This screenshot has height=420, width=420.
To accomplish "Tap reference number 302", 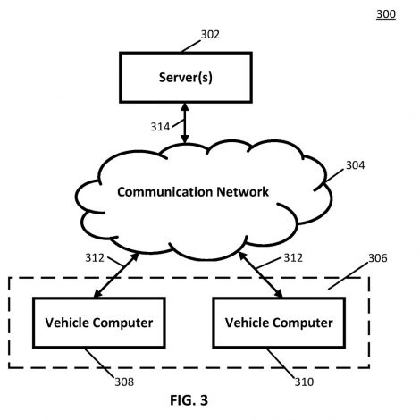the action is [x=210, y=35].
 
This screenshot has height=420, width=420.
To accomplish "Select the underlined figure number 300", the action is [x=386, y=14].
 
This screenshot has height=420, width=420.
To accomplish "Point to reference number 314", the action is [x=160, y=127].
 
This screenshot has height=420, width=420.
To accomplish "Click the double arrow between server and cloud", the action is [x=185, y=123].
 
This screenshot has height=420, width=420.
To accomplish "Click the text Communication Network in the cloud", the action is [x=193, y=191].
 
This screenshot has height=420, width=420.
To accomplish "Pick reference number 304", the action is [x=355, y=165].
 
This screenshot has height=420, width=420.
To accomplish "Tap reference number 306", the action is [x=378, y=258].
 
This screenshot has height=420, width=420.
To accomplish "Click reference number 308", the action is [x=124, y=382].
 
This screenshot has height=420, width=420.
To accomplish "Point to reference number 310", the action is [x=304, y=382].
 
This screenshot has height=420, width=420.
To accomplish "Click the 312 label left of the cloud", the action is [x=95, y=258].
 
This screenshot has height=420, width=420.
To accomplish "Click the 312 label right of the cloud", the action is [x=293, y=258].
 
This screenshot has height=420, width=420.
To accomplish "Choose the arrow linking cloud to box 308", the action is [x=116, y=275].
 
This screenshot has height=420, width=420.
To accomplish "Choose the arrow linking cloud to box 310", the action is [x=261, y=274].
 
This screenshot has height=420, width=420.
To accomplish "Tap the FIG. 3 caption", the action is [x=189, y=400].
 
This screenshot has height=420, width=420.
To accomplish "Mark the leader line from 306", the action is [x=348, y=276].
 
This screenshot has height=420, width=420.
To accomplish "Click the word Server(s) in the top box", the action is [x=186, y=78].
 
